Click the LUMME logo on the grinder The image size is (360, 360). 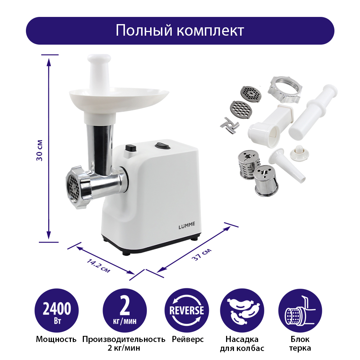point(186,225)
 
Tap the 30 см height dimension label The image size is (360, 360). point(40,150)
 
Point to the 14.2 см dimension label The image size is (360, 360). point(98,266)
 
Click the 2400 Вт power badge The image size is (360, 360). point(57,310)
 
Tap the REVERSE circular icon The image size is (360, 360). point(186,310)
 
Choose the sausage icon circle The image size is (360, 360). point(242,310)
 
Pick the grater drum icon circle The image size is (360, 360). point(300,310)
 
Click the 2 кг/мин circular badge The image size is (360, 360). point(125,310)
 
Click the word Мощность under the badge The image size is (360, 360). point(56,339)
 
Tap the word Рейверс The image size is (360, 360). point(188,339)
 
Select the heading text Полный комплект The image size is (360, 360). point(180,30)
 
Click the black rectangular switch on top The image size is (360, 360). point(131,148)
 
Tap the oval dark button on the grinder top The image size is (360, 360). point(163,145)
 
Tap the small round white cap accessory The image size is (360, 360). point(299,153)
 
